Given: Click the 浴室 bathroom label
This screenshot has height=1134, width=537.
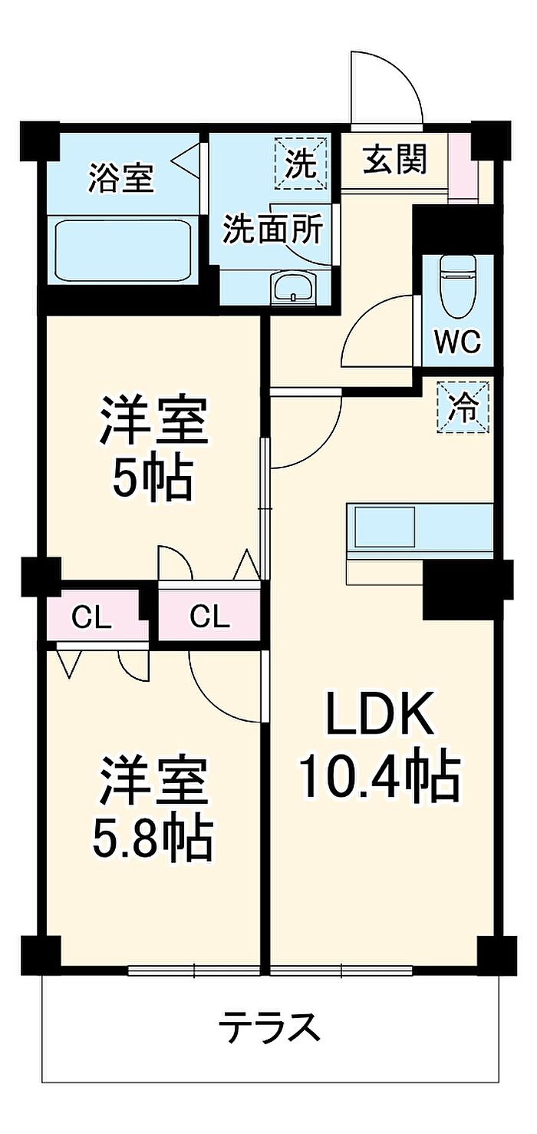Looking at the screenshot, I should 120,178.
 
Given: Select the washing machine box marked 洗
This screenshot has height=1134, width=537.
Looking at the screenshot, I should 301,163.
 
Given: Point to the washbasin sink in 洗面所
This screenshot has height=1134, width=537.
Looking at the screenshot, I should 293,288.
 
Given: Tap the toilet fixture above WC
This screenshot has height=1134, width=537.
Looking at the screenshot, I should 458,284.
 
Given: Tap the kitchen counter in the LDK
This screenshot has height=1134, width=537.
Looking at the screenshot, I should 419,527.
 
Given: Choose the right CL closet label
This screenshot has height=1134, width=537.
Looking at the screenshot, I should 209,617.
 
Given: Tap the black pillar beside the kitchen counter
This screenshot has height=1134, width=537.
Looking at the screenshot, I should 459,590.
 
